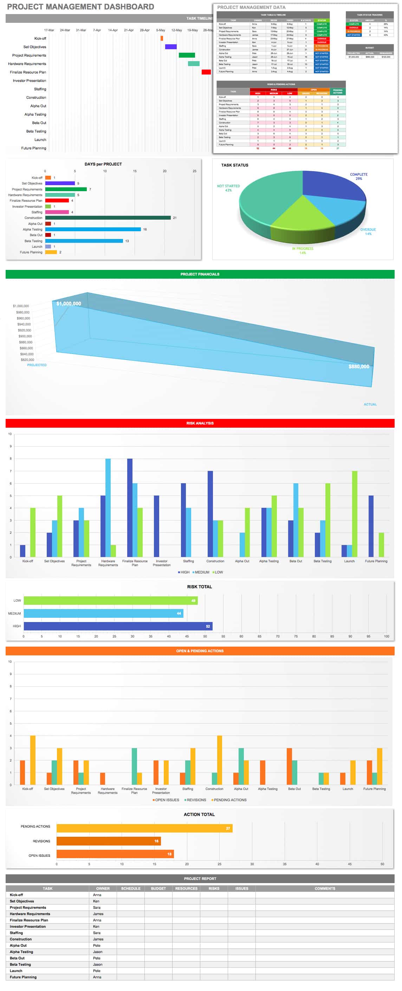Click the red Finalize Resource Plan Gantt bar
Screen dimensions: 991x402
[x=206, y=72]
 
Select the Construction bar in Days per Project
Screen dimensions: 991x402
[x=108, y=218]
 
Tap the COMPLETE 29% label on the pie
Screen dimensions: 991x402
[x=358, y=176]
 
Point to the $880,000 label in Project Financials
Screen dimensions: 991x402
[x=358, y=366]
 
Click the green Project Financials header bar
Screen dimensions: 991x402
[x=200, y=274]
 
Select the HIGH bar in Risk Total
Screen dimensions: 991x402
[x=118, y=626]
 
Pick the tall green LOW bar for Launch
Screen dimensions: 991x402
[x=354, y=513]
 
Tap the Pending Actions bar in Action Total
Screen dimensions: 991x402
[x=144, y=828]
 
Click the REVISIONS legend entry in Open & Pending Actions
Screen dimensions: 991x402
[x=195, y=800]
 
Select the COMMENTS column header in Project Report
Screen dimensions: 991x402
[x=325, y=888]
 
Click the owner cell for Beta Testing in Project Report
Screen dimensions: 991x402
[x=98, y=964]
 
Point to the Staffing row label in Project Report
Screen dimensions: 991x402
[x=16, y=933]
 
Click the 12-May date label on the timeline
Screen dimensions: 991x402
[x=176, y=30]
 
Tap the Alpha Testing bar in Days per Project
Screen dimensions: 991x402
[x=93, y=229]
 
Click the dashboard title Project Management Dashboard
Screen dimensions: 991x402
[x=80, y=7]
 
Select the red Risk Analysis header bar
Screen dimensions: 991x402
[x=200, y=423]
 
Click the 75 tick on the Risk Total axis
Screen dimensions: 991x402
[x=296, y=636]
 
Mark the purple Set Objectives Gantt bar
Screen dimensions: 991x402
[x=171, y=46]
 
